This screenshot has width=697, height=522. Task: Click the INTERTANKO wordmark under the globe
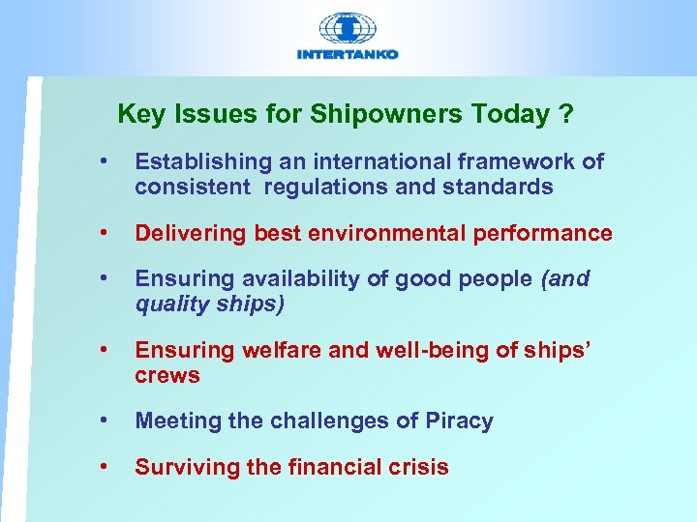pos(348,55)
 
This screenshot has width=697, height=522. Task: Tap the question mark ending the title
pos(565,115)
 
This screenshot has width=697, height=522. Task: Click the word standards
pos(499,187)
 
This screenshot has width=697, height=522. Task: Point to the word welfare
pos(286,351)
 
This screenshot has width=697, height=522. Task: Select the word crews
pos(167,375)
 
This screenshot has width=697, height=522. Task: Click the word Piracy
pos(459,421)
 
